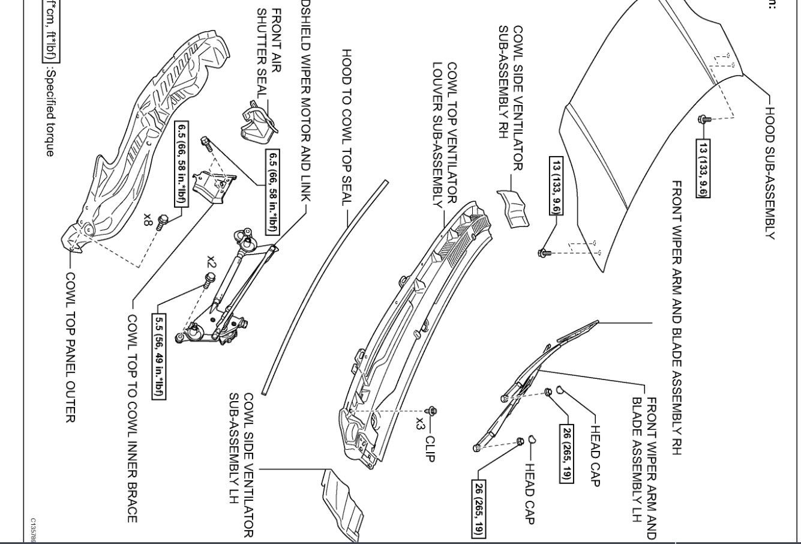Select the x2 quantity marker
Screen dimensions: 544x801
[211, 262]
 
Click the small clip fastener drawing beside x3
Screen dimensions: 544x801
[433, 411]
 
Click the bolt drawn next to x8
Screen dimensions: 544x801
[161, 222]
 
